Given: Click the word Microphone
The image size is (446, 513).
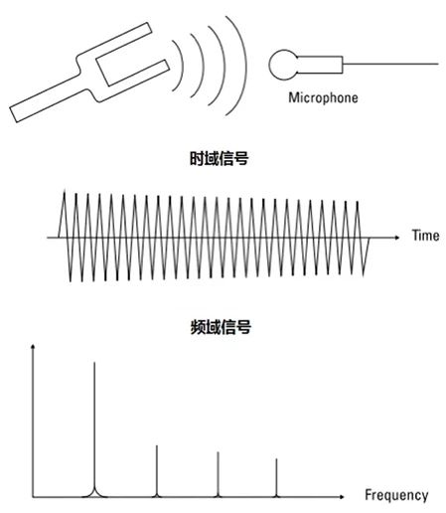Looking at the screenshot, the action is point(323,97).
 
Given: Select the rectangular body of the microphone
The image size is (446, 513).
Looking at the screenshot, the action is point(320,65).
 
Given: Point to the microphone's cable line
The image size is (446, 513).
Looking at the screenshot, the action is point(390,64).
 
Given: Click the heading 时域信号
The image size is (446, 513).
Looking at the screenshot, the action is point(219,158).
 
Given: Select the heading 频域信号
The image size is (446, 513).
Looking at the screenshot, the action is point(221,327).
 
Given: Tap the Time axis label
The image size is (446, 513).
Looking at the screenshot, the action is point(425,236).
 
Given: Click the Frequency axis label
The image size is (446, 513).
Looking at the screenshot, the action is point(396,495).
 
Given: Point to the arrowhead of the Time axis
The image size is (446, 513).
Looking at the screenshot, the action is point(397,238).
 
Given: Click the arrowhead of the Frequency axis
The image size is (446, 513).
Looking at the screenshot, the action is point(342,497).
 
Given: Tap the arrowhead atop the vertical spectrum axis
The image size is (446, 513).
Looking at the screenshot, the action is point(33,347).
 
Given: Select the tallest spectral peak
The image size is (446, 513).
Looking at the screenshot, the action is point(94,429).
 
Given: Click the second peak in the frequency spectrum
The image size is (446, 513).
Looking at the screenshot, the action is point(157,471).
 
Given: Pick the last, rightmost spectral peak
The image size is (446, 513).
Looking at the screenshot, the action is point(276,478).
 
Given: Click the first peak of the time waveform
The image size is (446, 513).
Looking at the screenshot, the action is point(64,190).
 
